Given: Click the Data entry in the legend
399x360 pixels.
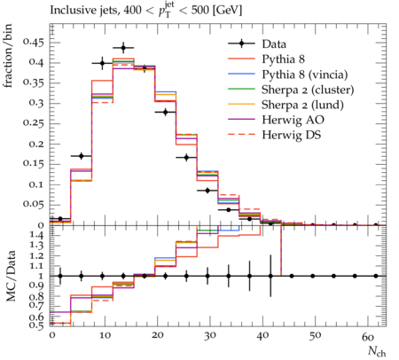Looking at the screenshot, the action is pyautogui.click(x=274, y=44).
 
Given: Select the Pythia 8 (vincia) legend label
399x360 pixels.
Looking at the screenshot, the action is pyautogui.click(x=305, y=74).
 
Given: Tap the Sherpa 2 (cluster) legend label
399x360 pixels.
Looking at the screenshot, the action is pyautogui.click(x=308, y=90).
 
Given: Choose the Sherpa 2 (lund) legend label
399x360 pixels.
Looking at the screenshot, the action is pyautogui.click(x=302, y=105).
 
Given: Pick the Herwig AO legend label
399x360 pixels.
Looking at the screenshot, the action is pyautogui.click(x=293, y=120).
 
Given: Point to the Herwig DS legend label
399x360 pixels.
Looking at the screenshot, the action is pyautogui.click(x=292, y=135).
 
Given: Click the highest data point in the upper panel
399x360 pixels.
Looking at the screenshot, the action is pyautogui.click(x=123, y=48).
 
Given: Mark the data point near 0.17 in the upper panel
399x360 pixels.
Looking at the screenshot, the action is pyautogui.click(x=82, y=156).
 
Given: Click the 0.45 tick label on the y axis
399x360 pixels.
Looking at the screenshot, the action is pyautogui.click(x=33, y=43).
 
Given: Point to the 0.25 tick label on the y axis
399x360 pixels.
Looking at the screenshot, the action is pyautogui.click(x=33, y=123).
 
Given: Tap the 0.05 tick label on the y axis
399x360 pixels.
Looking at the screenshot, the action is pyautogui.click(x=33, y=204).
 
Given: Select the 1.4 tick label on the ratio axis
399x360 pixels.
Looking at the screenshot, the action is pyautogui.click(x=37, y=236).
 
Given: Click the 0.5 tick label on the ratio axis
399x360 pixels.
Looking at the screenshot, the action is pyautogui.click(x=37, y=325).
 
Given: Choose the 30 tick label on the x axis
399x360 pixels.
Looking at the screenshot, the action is pyautogui.click(x=209, y=336).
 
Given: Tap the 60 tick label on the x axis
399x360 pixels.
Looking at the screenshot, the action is pyautogui.click(x=368, y=336).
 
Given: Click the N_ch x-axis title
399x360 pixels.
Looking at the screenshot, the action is pyautogui.click(x=377, y=352).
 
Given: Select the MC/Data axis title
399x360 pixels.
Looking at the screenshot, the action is pyautogui.click(x=12, y=276).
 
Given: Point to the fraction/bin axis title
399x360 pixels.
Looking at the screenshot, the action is pyautogui.click(x=8, y=56).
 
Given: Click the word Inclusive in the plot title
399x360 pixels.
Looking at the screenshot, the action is pyautogui.click(x=70, y=11).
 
